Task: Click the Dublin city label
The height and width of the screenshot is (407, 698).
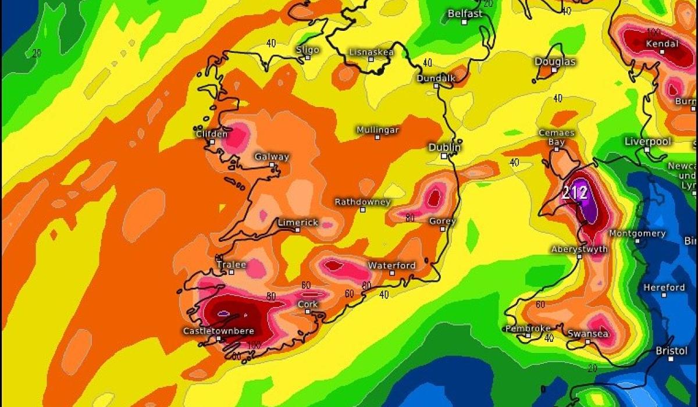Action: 444,147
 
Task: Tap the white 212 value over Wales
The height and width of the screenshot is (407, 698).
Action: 575,192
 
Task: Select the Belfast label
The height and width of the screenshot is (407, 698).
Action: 465,13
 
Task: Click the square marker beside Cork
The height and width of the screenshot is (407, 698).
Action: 308,312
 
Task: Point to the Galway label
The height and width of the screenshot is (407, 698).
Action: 272,157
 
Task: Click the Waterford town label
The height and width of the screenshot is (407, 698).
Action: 391,265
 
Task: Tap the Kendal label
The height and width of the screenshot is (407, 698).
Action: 662,44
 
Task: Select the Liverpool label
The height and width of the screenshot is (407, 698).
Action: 648,141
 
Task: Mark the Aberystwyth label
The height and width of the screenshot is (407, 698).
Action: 579,249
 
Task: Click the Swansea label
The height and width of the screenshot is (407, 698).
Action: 588,334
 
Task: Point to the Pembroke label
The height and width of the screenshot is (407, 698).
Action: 528,329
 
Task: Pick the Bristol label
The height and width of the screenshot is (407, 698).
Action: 671,351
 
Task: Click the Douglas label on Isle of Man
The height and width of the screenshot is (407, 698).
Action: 555,62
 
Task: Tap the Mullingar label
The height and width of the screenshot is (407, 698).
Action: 378,130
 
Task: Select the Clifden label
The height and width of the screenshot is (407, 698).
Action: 212,134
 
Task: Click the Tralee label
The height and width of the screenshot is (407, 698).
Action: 231,265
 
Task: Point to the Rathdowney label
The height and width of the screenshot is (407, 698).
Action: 362,202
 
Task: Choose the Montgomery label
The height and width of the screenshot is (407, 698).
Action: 637,233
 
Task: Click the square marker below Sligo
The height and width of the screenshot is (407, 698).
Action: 308,58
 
